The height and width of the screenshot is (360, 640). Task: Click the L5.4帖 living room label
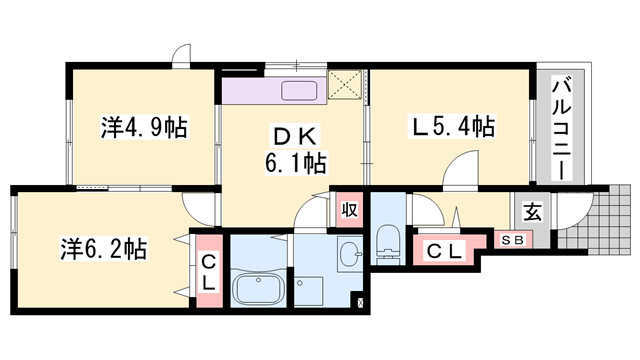[453, 127]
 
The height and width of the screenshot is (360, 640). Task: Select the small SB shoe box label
[511, 241]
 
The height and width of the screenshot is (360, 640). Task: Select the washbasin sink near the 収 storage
[349, 255]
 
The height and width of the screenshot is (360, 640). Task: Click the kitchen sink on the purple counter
[300, 92]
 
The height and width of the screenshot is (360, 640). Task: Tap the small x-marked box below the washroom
[360, 301]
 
